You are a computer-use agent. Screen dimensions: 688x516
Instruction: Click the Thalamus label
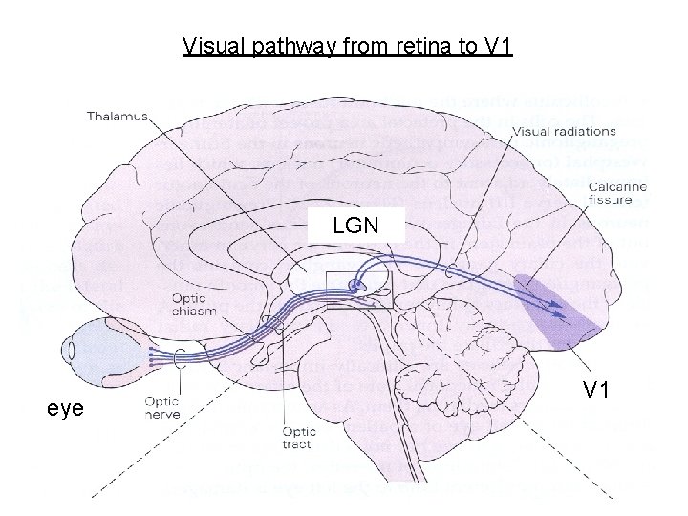(117, 117)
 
